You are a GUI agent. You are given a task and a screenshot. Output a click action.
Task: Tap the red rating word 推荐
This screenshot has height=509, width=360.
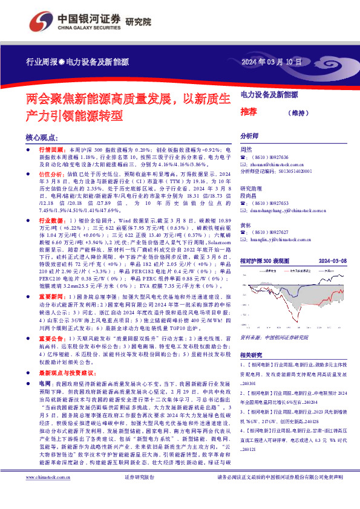(x=248, y=111)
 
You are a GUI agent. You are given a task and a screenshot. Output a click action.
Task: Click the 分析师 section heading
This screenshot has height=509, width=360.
(x=249, y=136)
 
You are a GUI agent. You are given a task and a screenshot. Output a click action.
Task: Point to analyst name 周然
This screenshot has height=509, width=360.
(x=246, y=149)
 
